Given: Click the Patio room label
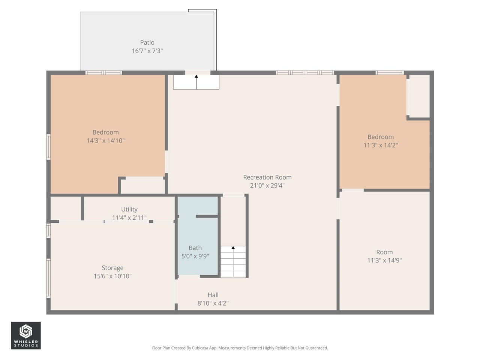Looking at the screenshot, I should coord(147,43).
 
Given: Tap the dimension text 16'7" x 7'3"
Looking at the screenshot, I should coord(147,51).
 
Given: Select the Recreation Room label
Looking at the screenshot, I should coord(267,177).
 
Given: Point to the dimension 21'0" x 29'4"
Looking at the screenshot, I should coord(267,186).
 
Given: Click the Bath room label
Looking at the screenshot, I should coord(195,248).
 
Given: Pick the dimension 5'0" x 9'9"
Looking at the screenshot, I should coord(195,256).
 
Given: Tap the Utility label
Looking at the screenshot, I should coord(129,209).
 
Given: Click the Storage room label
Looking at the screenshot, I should coord(112,268).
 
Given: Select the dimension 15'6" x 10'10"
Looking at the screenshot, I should coord(112,276).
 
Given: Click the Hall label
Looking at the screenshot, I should coord(213,295).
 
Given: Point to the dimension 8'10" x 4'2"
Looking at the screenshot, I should coord(213,303).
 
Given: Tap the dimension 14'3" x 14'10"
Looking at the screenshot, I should coord(105,141).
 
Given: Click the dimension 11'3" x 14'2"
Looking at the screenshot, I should coord(380,145).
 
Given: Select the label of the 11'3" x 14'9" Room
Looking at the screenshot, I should coord(384,252).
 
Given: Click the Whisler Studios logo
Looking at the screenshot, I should coord(25,335).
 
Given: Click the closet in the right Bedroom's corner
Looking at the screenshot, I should coord(419,96).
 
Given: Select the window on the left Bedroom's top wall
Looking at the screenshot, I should coord(103,73).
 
